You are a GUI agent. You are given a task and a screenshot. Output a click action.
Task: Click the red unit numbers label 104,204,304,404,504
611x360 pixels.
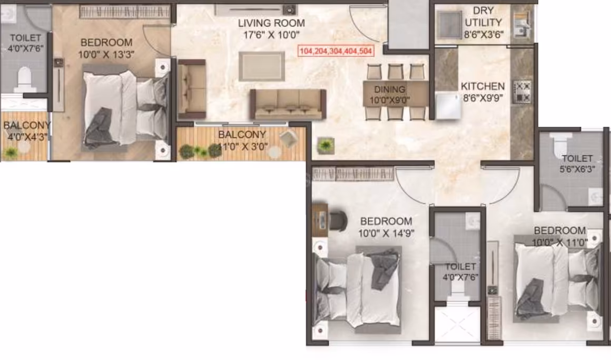pyautogui.click(x=336, y=51)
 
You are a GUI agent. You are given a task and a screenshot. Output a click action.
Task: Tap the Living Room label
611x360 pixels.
pyautogui.click(x=271, y=29)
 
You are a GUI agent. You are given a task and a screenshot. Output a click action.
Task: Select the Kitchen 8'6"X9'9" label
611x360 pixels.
pyautogui.click(x=482, y=92)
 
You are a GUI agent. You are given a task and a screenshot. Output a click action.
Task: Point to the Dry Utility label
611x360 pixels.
pyautogui.click(x=483, y=23)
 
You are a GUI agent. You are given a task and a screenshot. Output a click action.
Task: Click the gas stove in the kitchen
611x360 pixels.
pyautogui.click(x=522, y=92)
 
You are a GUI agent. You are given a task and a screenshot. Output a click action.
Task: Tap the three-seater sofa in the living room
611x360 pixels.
pyautogui.click(x=288, y=104)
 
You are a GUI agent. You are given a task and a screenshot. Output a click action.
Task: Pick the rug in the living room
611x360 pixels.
pyautogui.click(x=261, y=66)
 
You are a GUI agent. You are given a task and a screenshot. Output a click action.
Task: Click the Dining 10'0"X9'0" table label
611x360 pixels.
pyautogui.click(x=389, y=95)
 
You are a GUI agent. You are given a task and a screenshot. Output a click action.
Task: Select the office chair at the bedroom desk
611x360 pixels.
pyautogui.click(x=338, y=221)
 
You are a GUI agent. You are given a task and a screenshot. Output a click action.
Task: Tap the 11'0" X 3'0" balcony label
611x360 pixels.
pyautogui.click(x=242, y=141)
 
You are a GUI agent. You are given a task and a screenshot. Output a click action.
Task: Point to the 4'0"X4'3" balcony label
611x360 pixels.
pyautogui.click(x=26, y=131)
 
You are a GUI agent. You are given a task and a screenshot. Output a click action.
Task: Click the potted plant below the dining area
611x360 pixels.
pyautogui.click(x=326, y=146)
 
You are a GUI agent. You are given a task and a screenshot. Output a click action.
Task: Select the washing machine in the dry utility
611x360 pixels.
pyautogui.click(x=449, y=25)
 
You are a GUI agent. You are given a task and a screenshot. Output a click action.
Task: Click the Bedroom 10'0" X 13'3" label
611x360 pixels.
pyautogui.click(x=106, y=48)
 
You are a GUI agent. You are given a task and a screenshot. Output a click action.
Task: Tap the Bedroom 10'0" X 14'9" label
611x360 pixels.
pyautogui.click(x=386, y=227)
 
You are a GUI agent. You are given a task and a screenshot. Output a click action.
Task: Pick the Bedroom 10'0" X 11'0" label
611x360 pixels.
pyautogui.click(x=559, y=236)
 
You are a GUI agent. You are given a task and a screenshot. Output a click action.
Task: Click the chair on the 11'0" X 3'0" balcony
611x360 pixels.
pyautogui.click(x=288, y=139)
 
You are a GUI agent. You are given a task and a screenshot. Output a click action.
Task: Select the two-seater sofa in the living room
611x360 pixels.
pyautogui.click(x=192, y=89)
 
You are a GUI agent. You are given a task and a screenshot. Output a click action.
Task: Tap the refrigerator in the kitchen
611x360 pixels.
pyautogui.click(x=448, y=105)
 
